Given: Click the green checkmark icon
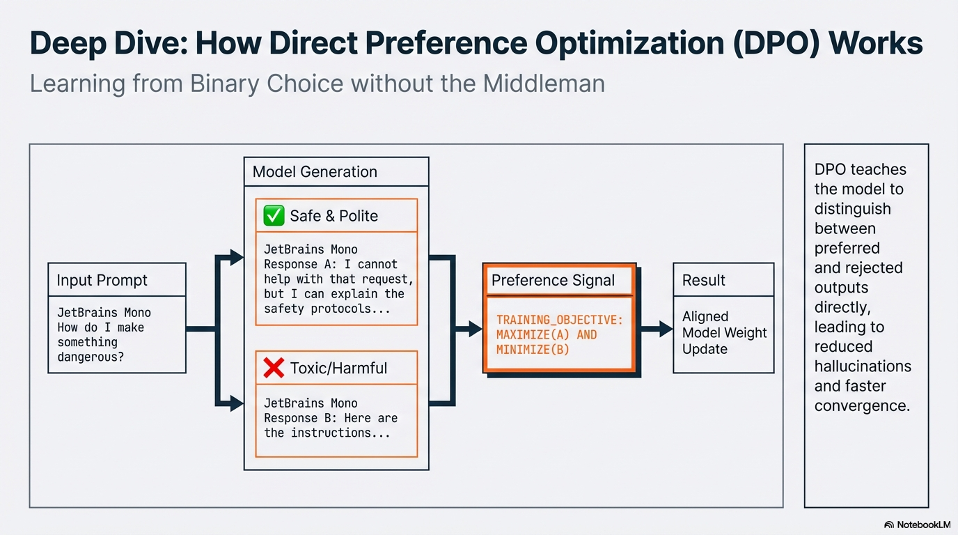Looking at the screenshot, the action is tap(274, 215).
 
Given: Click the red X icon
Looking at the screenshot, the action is tap(274, 368).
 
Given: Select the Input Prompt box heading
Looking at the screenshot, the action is tap(102, 280).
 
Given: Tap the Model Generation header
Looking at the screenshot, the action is tap(315, 171).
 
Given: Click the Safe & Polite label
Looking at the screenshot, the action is tap(334, 216).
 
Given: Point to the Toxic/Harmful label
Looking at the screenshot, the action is tap(338, 368).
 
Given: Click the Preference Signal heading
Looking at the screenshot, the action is tap(553, 280).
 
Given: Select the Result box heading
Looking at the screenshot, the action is tap(703, 280).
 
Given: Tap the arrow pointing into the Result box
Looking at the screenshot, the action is tap(657, 329).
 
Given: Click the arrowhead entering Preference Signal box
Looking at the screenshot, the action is tap(476, 329).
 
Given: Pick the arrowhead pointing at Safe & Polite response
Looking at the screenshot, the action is tap(237, 257).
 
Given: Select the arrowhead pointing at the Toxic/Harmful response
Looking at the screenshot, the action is tap(237, 403).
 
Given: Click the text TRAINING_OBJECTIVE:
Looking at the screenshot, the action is tap(559, 320).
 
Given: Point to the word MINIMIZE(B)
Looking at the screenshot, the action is tap(533, 350).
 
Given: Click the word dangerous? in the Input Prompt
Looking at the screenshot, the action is tap(91, 357).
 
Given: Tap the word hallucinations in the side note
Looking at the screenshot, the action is tap(863, 366).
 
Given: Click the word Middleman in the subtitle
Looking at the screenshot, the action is tap(544, 84).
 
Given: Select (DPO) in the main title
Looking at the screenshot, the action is tap(776, 43).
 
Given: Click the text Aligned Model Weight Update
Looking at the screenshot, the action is tap(725, 332).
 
